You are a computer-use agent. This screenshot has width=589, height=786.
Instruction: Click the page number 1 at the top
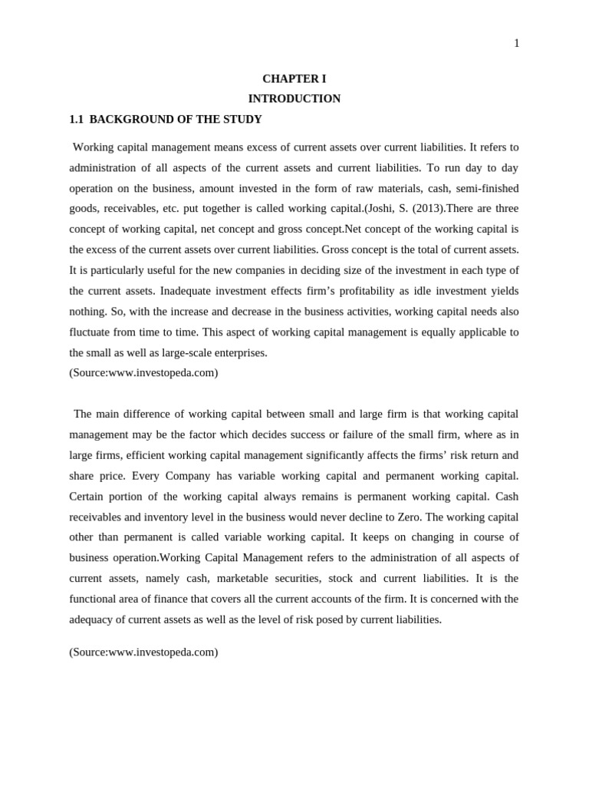pos(516,44)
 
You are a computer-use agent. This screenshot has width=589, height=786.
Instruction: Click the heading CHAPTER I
pos(294,78)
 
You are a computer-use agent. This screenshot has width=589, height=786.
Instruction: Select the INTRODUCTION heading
pos(294,99)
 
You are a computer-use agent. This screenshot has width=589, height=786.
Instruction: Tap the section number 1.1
pos(76,120)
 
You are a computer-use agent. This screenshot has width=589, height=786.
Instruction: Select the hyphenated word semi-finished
pos(486,188)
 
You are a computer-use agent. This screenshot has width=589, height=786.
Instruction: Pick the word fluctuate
pos(89,332)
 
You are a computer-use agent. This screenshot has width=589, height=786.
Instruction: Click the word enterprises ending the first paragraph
pos(242,353)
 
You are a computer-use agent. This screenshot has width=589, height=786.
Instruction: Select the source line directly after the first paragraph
pos(143,373)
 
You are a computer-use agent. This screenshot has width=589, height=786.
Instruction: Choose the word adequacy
pos(93,619)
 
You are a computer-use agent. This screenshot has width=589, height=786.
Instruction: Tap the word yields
pos(503,291)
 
